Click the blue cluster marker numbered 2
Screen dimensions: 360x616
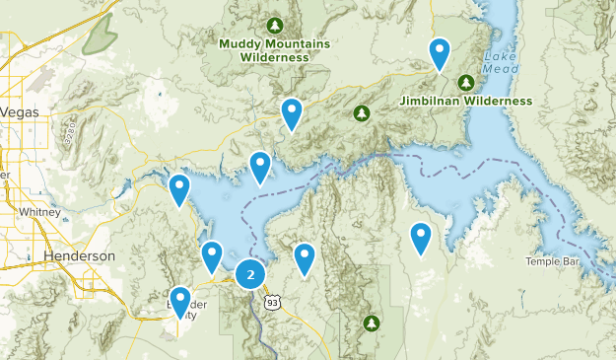[251, 274]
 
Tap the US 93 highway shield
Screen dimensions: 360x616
[272, 301]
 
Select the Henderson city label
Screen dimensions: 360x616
[79, 255]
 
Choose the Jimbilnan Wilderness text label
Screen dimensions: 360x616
[466, 101]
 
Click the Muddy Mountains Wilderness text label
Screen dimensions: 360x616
[274, 50]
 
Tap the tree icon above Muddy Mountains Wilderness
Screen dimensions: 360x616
[275, 24]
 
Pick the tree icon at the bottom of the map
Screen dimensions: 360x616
[372, 323]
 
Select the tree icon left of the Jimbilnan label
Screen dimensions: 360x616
[362, 113]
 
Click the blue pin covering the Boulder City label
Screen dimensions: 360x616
[180, 301]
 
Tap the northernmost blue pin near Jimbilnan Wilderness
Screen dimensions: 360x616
[440, 52]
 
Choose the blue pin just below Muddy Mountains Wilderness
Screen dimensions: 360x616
[291, 112]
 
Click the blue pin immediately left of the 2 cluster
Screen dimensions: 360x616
[212, 255]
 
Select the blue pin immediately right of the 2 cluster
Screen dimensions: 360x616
[305, 257]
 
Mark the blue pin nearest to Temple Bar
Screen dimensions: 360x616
[421, 238]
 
